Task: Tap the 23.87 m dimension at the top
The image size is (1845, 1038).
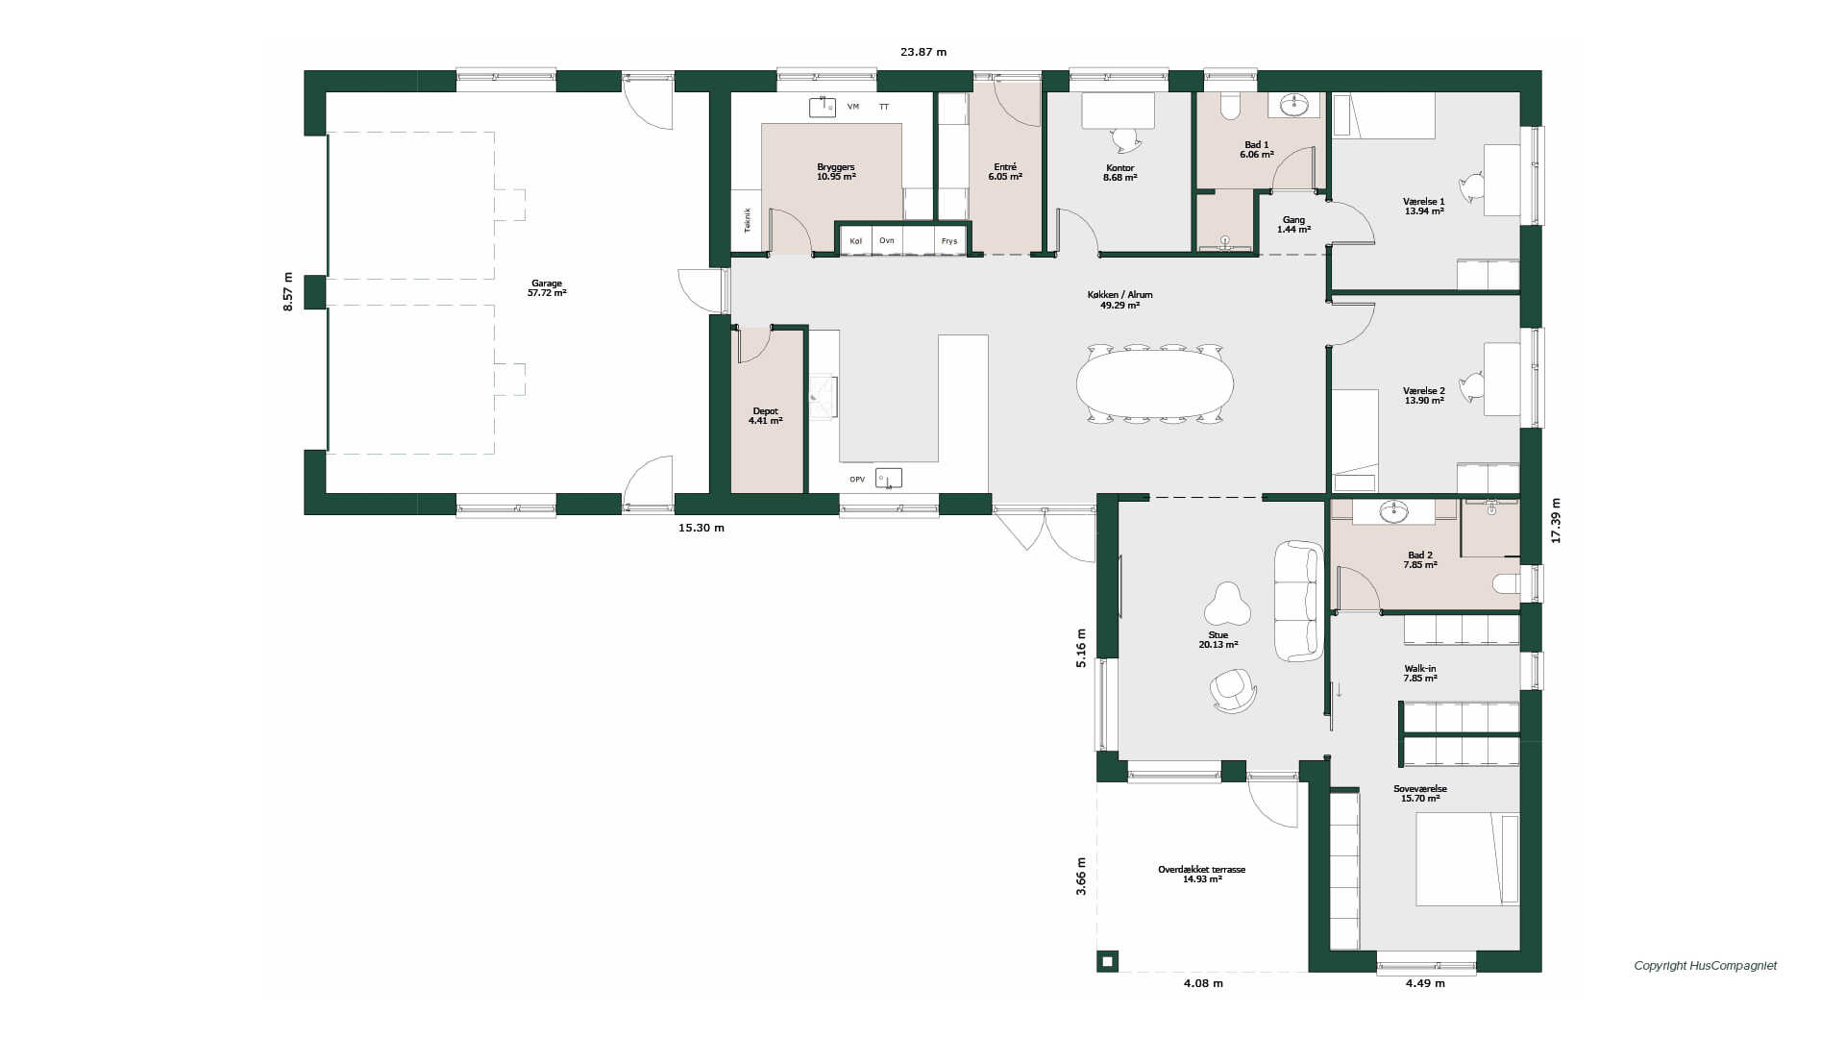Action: pyautogui.click(x=923, y=52)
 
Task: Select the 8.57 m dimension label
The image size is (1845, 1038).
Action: pyautogui.click(x=288, y=292)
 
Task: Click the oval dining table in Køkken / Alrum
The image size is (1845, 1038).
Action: pyautogui.click(x=1155, y=383)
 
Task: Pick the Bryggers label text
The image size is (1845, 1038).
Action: pyautogui.click(x=836, y=167)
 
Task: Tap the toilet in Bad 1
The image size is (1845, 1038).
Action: pyautogui.click(x=1230, y=106)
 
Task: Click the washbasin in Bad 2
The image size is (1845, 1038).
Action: pyautogui.click(x=1393, y=511)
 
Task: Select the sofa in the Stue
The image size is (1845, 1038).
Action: pyautogui.click(x=1299, y=601)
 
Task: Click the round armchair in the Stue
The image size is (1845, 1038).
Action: pyautogui.click(x=1233, y=690)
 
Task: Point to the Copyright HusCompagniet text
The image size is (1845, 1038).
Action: pyautogui.click(x=1706, y=966)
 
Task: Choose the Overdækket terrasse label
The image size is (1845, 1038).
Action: pyautogui.click(x=1201, y=870)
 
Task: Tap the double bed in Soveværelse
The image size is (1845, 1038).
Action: pyautogui.click(x=1467, y=859)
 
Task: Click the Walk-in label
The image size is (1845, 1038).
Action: pyautogui.click(x=1420, y=669)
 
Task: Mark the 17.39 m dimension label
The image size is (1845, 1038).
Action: pyautogui.click(x=1556, y=521)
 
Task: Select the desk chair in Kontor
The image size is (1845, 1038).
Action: pyautogui.click(x=1127, y=140)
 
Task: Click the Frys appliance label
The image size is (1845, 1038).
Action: pyautogui.click(x=949, y=241)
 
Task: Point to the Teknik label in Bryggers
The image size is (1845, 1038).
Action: pyautogui.click(x=747, y=220)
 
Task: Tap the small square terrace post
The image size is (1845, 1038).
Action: pyautogui.click(x=1108, y=961)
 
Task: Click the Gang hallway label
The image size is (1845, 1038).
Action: pyautogui.click(x=1294, y=220)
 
